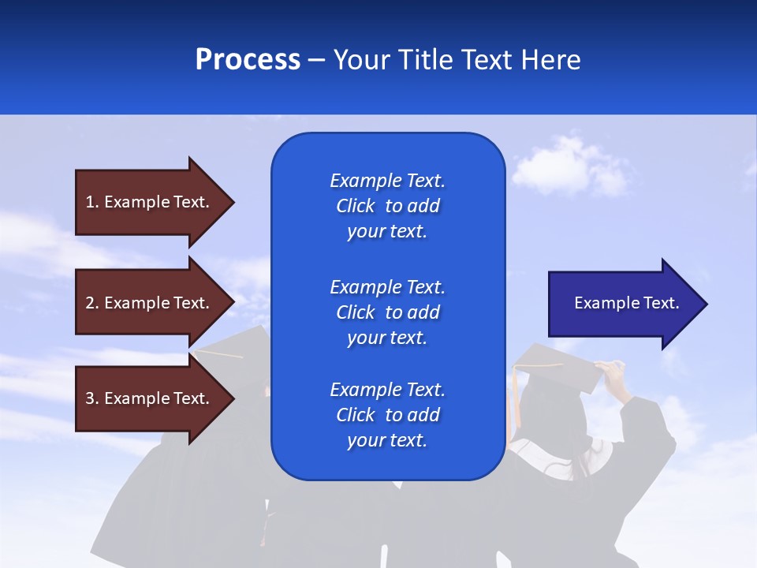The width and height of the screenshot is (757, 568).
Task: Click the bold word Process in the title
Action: tap(248, 60)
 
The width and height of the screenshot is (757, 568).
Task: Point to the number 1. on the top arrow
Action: tap(92, 202)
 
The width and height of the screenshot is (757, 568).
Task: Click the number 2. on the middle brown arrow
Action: tap(92, 303)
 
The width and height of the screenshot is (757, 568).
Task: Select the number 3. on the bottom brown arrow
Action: tap(92, 398)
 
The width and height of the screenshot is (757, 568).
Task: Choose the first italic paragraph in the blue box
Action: tap(387, 206)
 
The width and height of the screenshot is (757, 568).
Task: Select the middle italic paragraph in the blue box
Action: tap(387, 312)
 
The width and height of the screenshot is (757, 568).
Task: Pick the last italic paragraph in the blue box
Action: tap(387, 415)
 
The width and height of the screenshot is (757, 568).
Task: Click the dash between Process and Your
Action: tap(316, 61)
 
